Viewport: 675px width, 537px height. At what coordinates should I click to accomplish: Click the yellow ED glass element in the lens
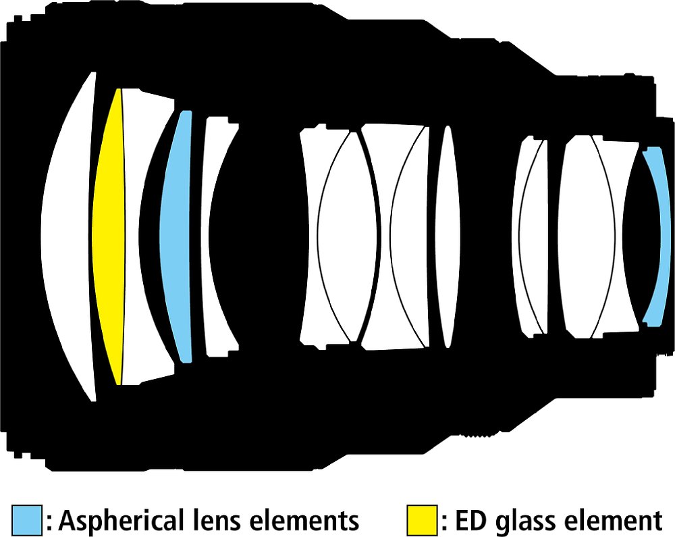tap(109, 236)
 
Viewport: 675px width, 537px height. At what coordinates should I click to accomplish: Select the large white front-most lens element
tap(67, 236)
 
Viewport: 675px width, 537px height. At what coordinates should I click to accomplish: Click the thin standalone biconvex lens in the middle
tap(448, 236)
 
